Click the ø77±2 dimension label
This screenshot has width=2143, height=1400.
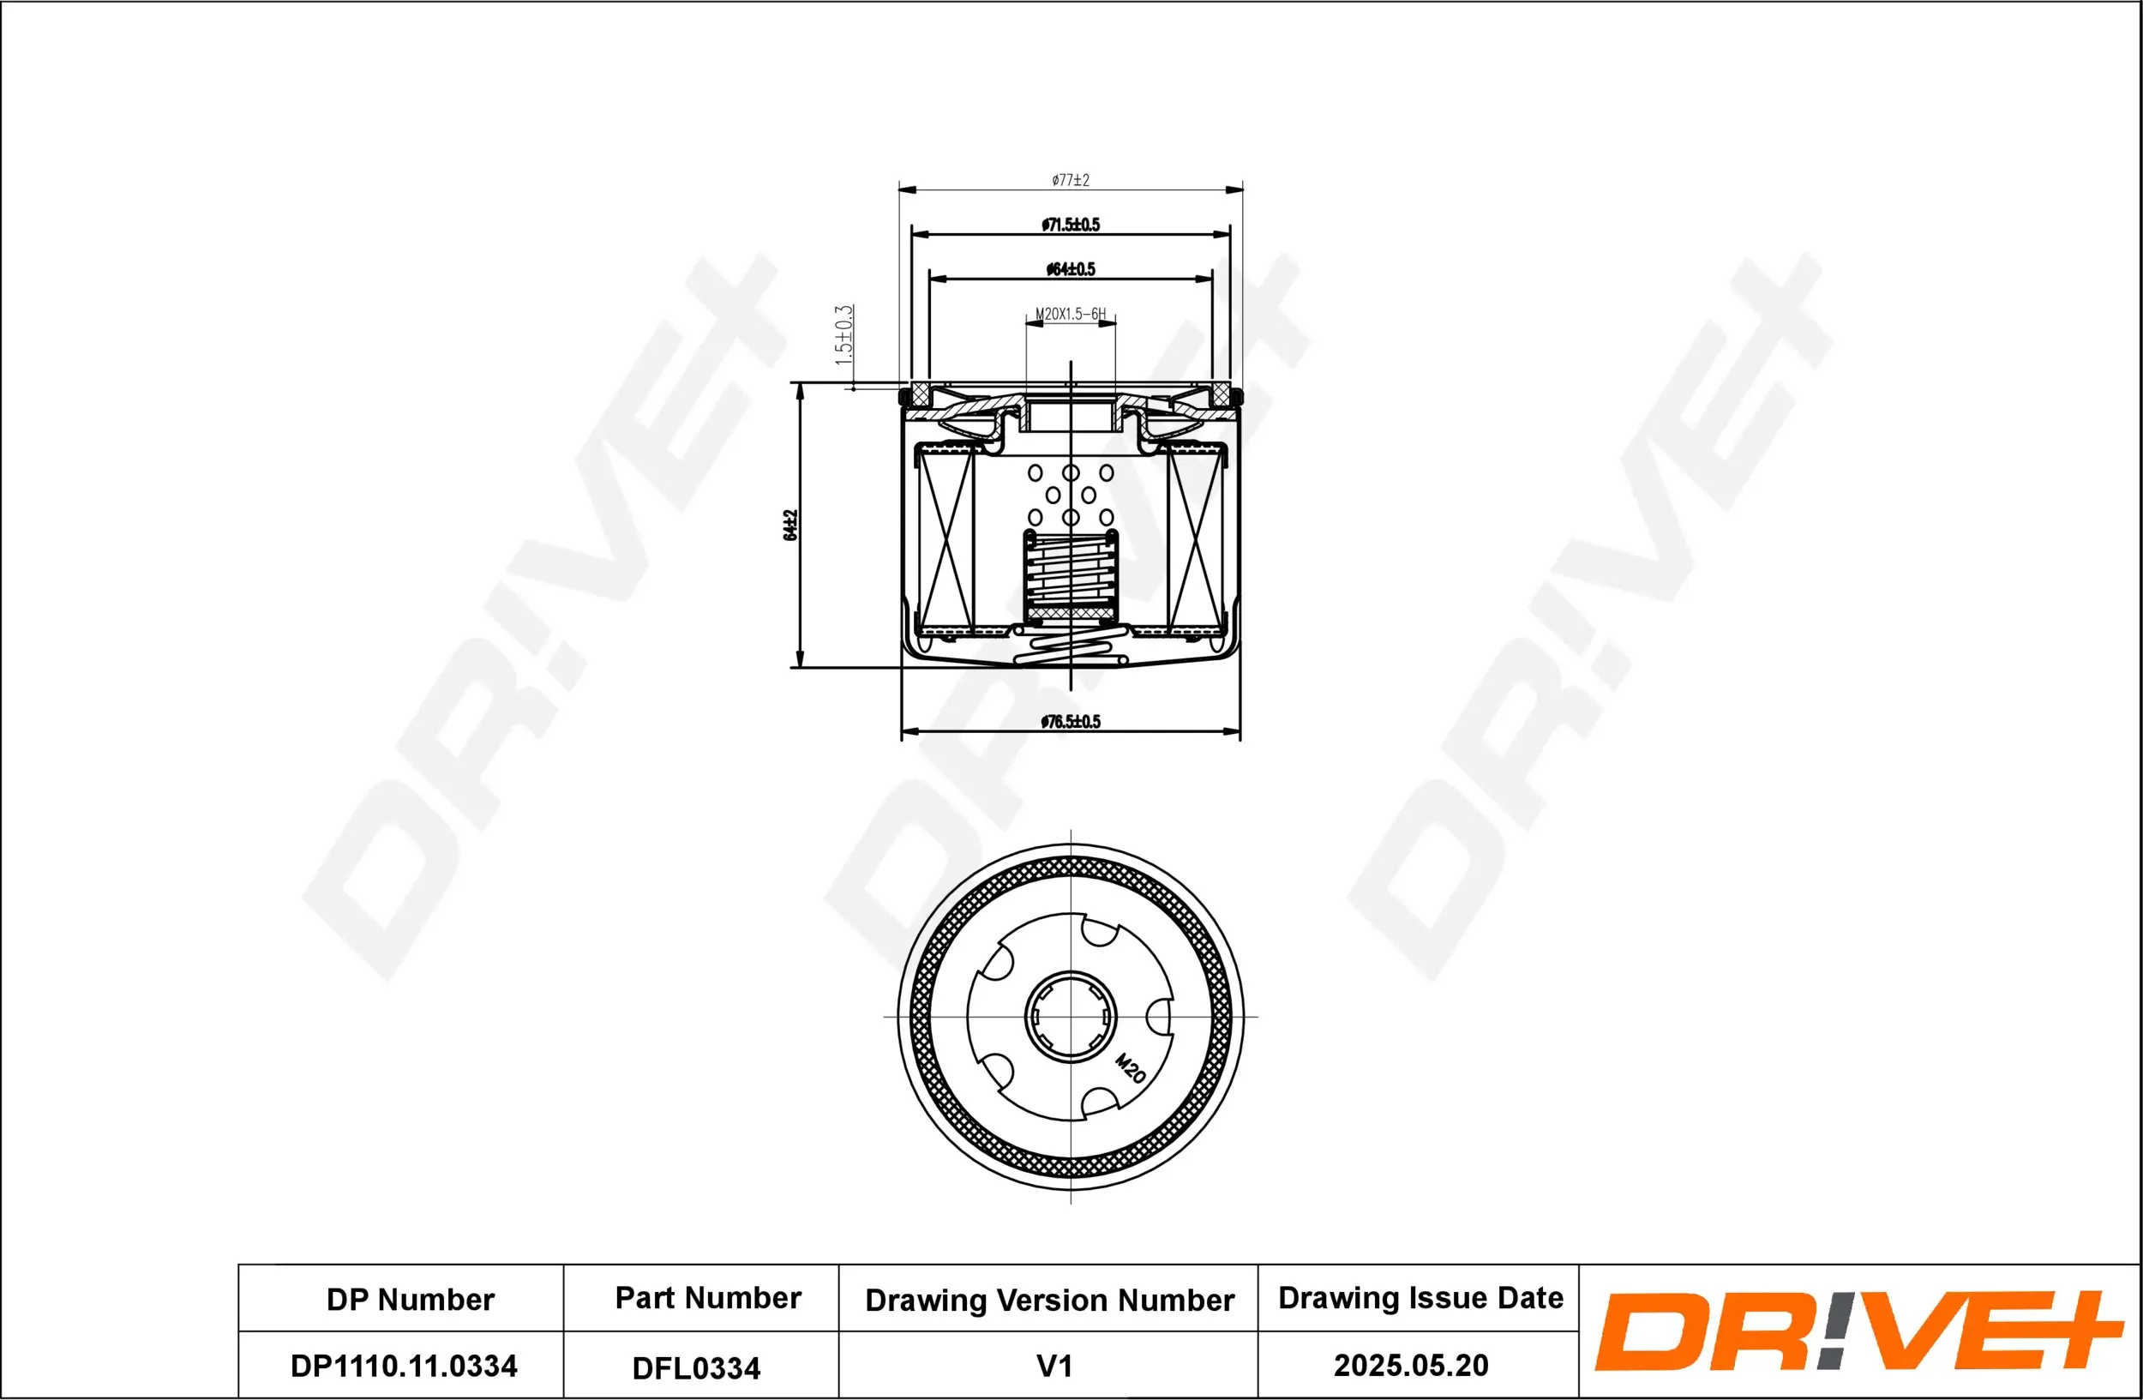coord(1071,180)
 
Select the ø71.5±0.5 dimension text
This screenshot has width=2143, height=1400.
coord(1071,224)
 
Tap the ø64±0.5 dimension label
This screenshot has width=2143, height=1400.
coord(1071,269)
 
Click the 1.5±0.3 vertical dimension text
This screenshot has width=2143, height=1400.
coord(843,335)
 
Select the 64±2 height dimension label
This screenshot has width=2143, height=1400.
coord(790,526)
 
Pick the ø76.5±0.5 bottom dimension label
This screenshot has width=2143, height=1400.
coord(1071,721)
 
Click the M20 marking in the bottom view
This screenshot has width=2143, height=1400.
coord(1130,1067)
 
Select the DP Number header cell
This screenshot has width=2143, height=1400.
coord(410,1300)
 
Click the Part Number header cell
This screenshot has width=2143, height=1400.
coord(708,1298)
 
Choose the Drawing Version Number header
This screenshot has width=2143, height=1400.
coord(1049,1300)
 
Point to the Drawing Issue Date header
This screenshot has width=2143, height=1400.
coord(1420,1298)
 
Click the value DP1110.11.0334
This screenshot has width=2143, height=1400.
coord(404,1366)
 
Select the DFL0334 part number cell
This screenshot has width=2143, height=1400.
coord(696,1368)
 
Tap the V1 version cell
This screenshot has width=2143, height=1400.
coord(1054,1366)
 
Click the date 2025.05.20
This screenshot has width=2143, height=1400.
coord(1411,1366)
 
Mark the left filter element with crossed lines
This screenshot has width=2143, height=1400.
coord(946,540)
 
